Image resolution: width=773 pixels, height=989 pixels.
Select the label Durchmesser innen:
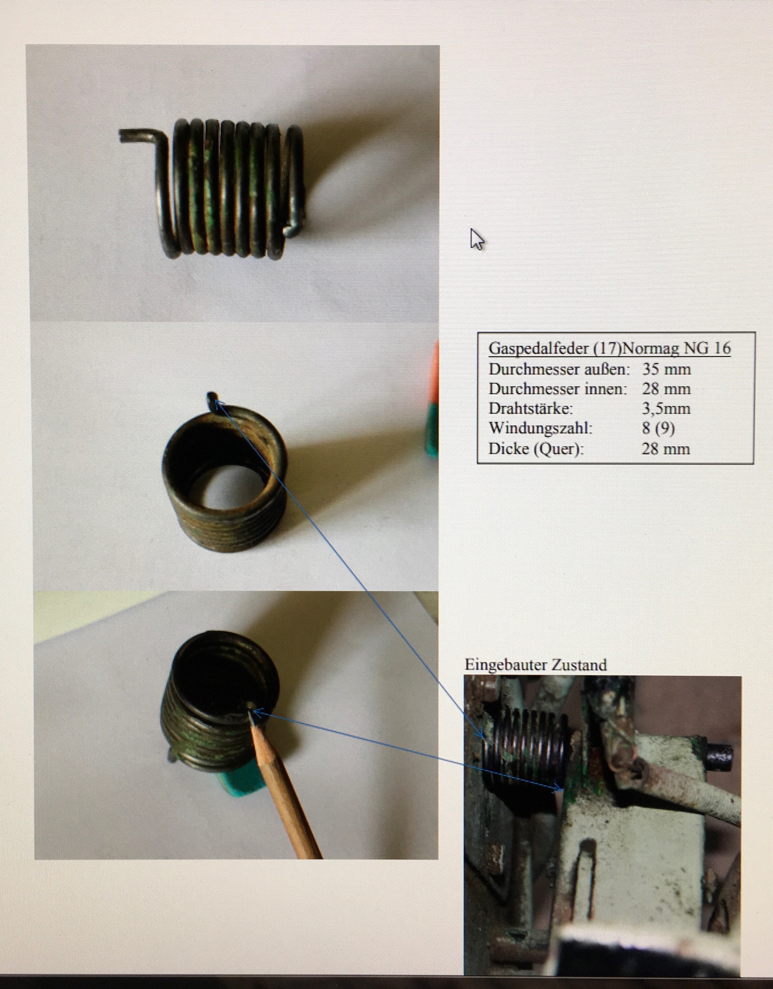(558, 389)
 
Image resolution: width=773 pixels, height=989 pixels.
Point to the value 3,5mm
(666, 409)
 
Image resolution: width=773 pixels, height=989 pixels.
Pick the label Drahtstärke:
(531, 408)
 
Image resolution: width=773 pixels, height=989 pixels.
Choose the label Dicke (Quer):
(536, 449)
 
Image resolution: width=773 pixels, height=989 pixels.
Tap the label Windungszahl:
(540, 428)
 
